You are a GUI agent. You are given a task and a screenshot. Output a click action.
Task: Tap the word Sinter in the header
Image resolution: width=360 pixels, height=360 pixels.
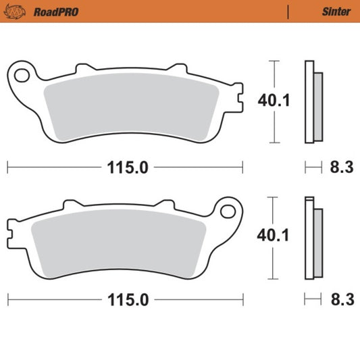coord(336,11)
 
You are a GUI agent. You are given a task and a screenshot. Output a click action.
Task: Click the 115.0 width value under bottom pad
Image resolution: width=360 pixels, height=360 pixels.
coord(125,299)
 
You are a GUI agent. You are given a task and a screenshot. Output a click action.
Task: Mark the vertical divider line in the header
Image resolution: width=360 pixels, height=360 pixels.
coord(288,11)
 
